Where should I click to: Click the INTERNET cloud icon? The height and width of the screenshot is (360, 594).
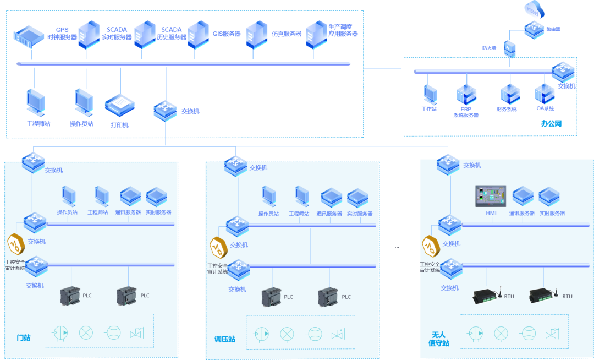[x=533, y=9]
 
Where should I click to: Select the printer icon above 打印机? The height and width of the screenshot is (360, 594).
[x=119, y=105]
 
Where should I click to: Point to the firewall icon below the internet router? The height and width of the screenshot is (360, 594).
[x=510, y=48]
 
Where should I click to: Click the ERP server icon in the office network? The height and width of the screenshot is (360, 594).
[x=466, y=95]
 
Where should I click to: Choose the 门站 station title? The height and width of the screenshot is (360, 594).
[x=24, y=337]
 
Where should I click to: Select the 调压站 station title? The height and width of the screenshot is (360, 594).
[x=224, y=339]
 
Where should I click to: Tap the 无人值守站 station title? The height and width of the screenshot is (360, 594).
[x=438, y=339]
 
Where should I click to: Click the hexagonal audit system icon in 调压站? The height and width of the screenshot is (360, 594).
[x=218, y=246]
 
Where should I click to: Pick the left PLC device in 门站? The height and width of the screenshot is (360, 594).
[x=70, y=296]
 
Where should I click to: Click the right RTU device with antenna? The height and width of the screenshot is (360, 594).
[x=543, y=296]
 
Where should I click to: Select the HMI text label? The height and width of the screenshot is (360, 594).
[x=491, y=213]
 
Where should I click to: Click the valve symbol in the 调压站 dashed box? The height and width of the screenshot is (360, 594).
[x=338, y=334]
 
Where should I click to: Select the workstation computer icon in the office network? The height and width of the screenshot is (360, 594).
[x=430, y=95]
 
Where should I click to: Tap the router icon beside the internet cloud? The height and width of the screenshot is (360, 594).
[x=533, y=29]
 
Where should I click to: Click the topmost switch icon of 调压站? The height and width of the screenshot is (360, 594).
[x=235, y=165]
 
